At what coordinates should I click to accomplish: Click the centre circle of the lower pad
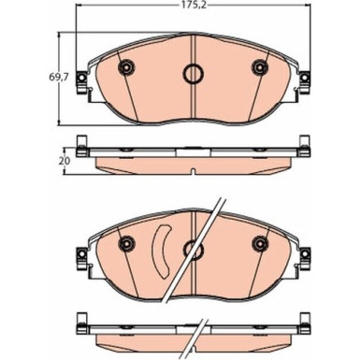(x=193, y=248)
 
